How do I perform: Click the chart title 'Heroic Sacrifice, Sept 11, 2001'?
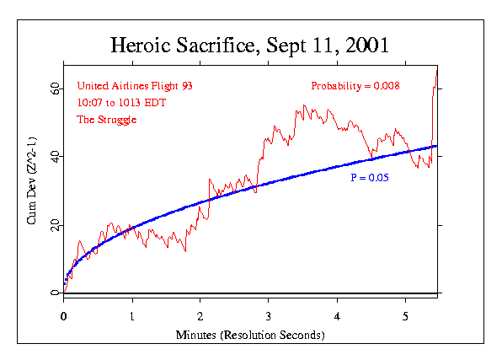(250, 44)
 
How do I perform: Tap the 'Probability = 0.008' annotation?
(355, 86)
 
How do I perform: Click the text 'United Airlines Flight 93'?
(128, 86)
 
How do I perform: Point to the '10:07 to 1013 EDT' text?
(115, 103)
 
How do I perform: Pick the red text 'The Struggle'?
(106, 120)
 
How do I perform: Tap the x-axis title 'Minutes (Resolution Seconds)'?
(250, 335)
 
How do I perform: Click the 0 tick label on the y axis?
(55, 293)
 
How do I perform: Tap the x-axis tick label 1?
(132, 317)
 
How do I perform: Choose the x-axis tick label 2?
(200, 317)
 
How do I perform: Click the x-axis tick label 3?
(269, 317)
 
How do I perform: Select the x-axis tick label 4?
(337, 317)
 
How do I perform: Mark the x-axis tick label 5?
(405, 317)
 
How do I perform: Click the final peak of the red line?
(436, 71)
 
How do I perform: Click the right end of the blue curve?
(436, 146)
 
